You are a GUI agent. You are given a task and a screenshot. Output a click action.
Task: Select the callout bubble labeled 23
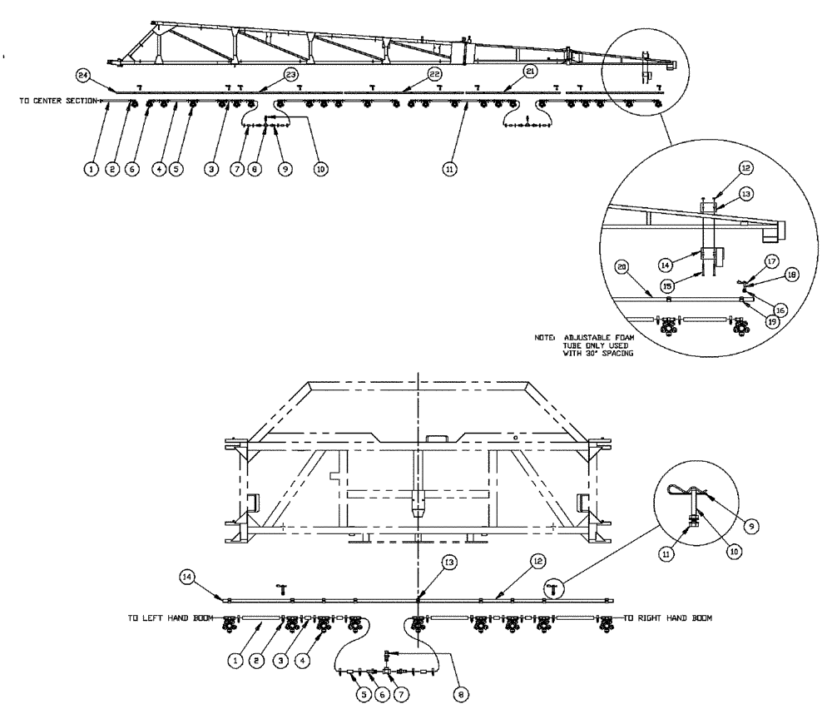(x=292, y=75)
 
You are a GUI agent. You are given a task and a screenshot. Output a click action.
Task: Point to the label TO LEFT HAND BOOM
(x=165, y=618)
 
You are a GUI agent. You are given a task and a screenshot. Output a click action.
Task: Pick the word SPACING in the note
(x=619, y=355)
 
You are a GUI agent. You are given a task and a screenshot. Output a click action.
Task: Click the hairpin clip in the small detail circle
(x=685, y=493)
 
